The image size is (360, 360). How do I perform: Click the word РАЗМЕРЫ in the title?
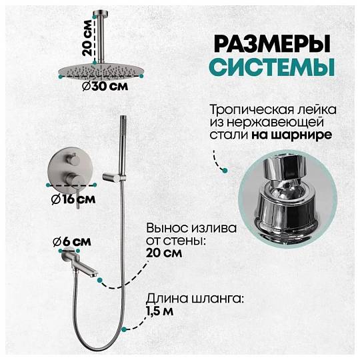(x=272, y=43)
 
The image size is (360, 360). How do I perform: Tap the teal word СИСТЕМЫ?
(x=272, y=67)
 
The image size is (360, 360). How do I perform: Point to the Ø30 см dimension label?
(x=105, y=87)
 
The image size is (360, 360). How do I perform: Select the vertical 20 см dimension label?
(x=88, y=37)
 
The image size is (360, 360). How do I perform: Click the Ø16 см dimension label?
(x=73, y=199)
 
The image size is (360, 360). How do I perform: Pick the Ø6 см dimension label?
(x=72, y=242)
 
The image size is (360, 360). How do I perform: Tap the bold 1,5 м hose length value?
(x=160, y=311)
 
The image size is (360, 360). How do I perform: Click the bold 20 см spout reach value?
(x=164, y=253)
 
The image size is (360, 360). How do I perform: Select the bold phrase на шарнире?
(x=291, y=135)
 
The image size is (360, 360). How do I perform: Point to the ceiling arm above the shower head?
(x=101, y=36)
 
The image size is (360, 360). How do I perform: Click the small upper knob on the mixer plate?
(x=74, y=160)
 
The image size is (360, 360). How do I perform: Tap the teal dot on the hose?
(x=124, y=330)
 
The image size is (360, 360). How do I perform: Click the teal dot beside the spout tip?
(x=100, y=280)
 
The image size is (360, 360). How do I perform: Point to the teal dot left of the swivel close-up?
(x=225, y=171)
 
